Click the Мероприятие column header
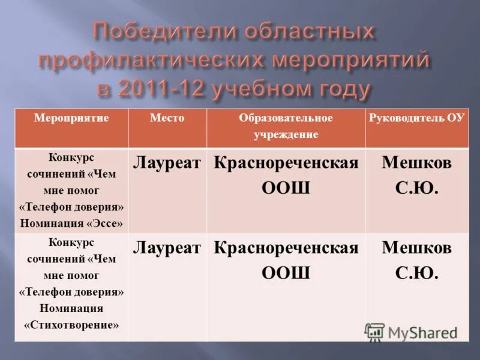pyautogui.click(x=71, y=118)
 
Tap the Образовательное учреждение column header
pyautogui.click(x=286, y=126)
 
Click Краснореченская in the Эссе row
pyautogui.click(x=286, y=164)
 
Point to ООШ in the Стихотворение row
pyautogui.click(x=286, y=274)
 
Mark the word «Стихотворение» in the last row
pyautogui.click(x=71, y=325)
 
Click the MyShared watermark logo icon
pyautogui.click(x=375, y=332)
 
